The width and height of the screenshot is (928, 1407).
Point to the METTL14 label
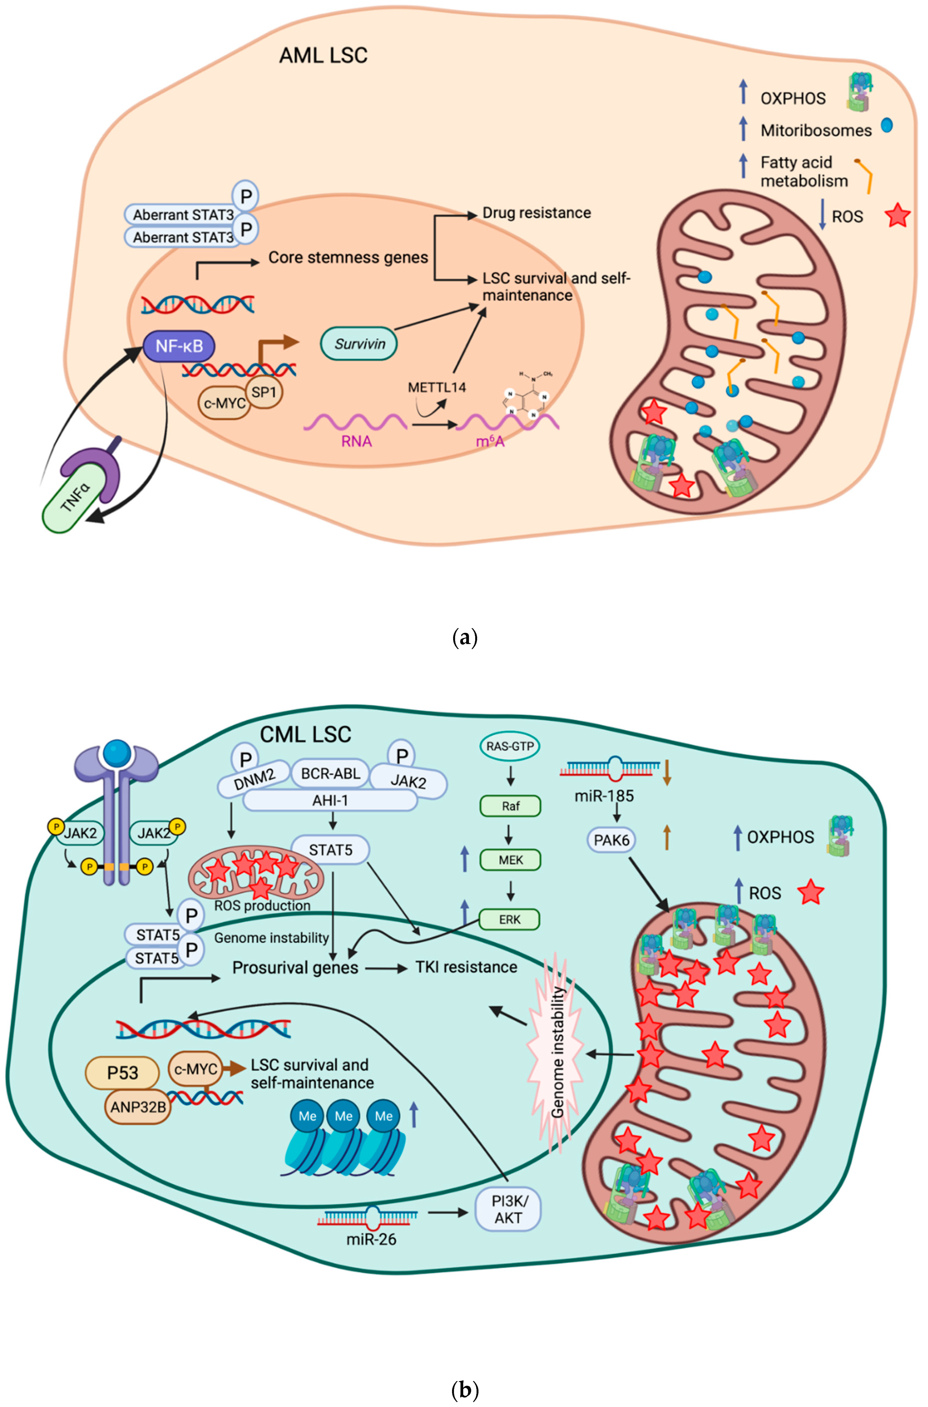[x=437, y=388]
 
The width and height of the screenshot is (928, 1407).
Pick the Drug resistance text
[x=536, y=213]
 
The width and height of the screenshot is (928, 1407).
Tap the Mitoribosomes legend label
[x=816, y=131]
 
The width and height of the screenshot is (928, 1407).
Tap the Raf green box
[x=510, y=806]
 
